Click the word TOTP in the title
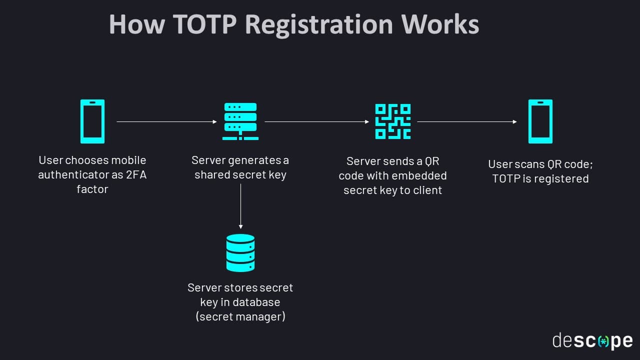coord(202,24)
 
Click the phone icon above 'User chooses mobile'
coord(92,121)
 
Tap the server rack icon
coord(240,121)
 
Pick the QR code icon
coord(393,121)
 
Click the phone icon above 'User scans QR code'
coord(540,121)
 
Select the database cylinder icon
coord(240,253)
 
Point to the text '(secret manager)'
coord(240,316)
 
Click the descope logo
coord(592,341)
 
